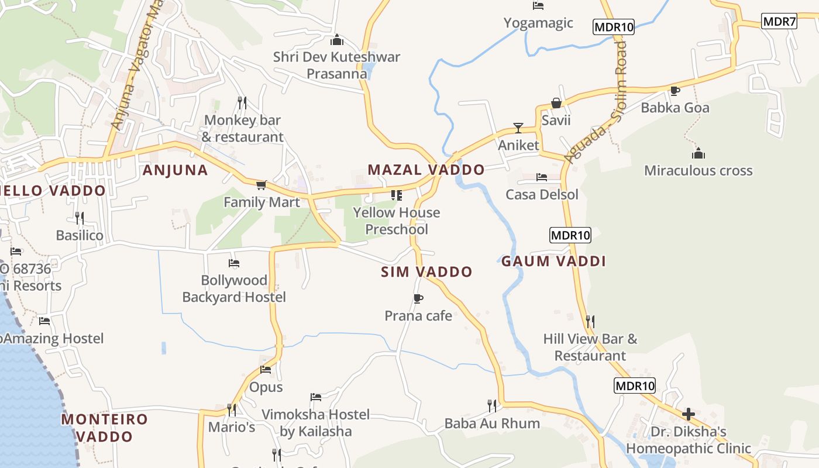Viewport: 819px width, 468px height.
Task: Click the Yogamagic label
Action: coord(538,23)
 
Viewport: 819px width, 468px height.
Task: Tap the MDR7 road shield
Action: coord(779,22)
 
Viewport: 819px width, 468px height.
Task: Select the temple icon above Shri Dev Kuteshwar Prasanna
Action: coord(336,40)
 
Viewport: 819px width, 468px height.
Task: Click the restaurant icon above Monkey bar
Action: coord(242,102)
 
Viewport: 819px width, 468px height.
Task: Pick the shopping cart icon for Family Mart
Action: coord(261,185)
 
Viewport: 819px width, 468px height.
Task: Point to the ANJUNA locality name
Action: coord(175,170)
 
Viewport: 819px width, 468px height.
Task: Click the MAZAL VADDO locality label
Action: coord(426,170)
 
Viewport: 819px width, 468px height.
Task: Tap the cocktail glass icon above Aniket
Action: coord(518,128)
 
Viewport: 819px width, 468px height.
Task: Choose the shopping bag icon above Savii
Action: coord(556,103)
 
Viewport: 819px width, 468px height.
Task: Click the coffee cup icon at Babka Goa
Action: coord(675,91)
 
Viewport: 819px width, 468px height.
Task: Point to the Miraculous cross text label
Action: coord(698,171)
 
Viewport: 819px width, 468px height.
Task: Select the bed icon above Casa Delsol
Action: coord(542,177)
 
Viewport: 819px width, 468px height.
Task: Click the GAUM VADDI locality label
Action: coord(553,261)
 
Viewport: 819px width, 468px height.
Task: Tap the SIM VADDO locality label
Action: coord(426,272)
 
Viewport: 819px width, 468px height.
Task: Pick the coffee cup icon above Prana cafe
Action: coord(418,299)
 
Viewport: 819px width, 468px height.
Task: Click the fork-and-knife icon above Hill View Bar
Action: coord(590,321)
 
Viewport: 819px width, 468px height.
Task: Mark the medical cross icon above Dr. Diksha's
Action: coord(689,414)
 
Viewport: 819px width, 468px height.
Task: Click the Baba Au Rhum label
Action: coord(492,423)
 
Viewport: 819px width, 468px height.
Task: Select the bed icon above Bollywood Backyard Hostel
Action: coord(234,263)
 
